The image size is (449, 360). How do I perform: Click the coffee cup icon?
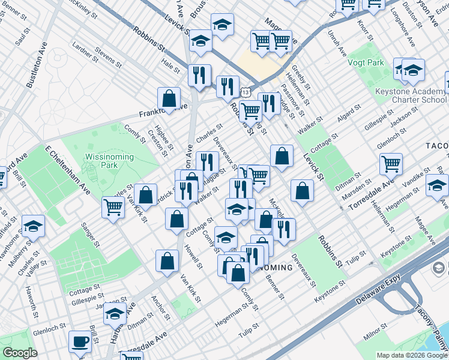coord(80,342)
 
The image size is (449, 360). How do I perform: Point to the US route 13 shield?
coord(246,91)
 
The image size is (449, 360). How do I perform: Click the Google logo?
coord(20,353)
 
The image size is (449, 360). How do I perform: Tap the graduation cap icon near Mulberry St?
coord(34,226)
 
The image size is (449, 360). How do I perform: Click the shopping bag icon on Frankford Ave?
coord(169,98)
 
